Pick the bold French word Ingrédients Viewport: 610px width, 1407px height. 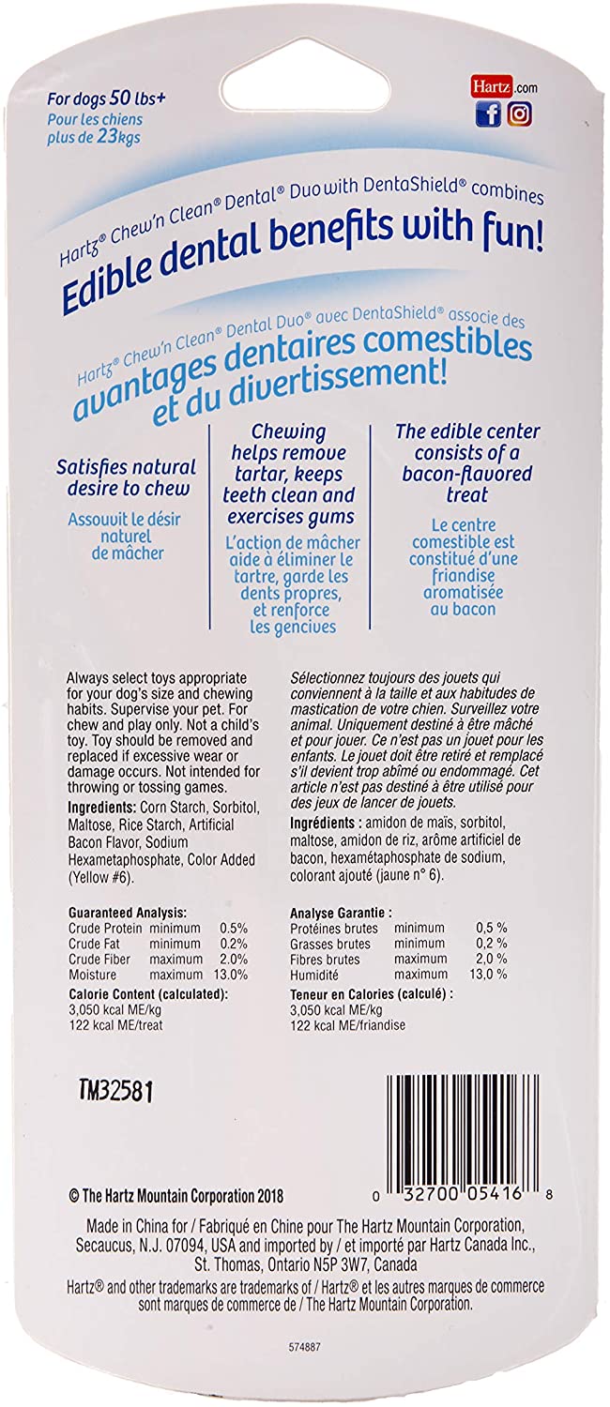[327, 821]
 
